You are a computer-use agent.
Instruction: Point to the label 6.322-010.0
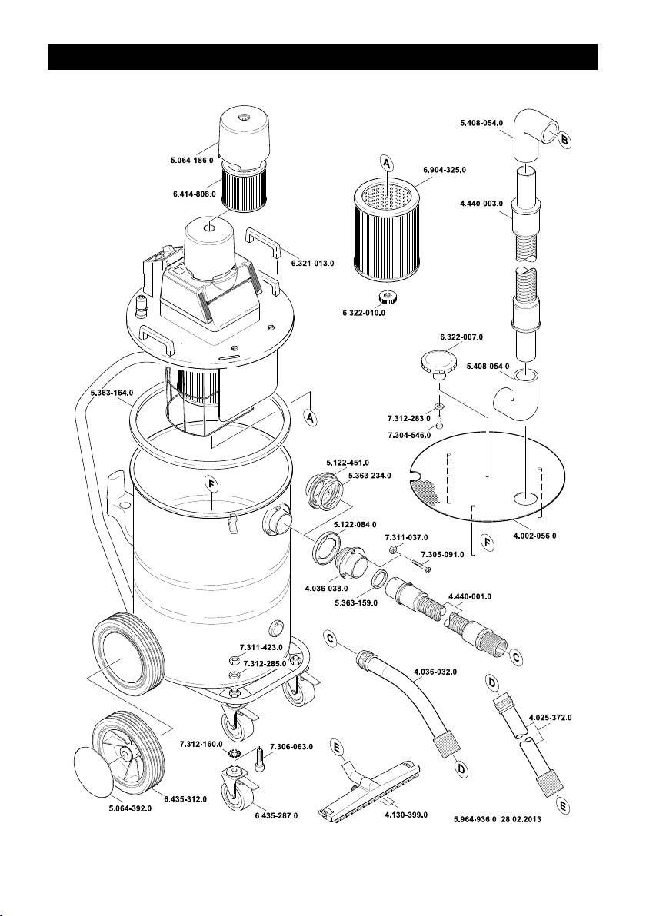(x=364, y=313)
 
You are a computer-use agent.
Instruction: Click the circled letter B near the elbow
(x=564, y=141)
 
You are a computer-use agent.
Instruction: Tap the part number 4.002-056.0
(x=534, y=536)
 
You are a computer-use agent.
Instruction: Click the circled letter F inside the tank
(x=211, y=483)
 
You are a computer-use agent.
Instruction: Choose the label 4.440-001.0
(x=468, y=596)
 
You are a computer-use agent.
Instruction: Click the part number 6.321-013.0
(x=312, y=264)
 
